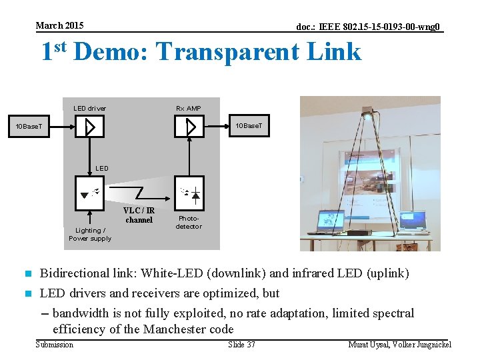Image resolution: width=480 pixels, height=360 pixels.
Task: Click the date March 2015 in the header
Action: pyautogui.click(x=59, y=25)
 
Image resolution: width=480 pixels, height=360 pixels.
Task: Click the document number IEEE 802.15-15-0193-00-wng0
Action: pyautogui.click(x=369, y=27)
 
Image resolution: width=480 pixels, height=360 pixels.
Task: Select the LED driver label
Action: pyautogui.click(x=89, y=108)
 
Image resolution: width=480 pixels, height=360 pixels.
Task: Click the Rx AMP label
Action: pyautogui.click(x=188, y=108)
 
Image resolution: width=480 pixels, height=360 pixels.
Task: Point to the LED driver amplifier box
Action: pyautogui.click(x=90, y=126)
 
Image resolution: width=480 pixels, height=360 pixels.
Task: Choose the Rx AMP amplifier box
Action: pyautogui.click(x=189, y=126)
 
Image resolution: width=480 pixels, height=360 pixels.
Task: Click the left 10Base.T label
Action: pyautogui.click(x=29, y=126)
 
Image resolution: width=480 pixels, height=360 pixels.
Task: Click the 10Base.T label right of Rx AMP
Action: pyautogui.click(x=252, y=125)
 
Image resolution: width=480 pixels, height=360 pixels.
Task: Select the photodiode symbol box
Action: pyautogui.click(x=189, y=193)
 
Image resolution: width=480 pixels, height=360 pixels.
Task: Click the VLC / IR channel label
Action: pyautogui.click(x=139, y=215)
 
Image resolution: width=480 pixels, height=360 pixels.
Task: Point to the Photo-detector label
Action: pyautogui.click(x=188, y=222)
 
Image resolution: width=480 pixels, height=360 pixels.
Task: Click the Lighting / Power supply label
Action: pyautogui.click(x=90, y=234)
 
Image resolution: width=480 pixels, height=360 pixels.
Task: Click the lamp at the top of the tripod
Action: pyautogui.click(x=368, y=115)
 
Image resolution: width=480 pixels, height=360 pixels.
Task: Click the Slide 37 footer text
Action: pyautogui.click(x=241, y=344)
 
